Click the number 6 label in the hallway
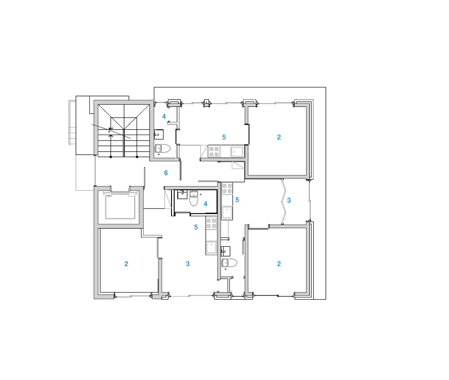166,173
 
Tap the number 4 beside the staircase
164,117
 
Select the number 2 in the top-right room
279,137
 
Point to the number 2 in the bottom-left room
126,264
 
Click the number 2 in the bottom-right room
279,264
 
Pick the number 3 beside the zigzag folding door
289,201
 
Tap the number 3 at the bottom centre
188,264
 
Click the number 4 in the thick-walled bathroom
206,204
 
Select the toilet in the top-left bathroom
163,148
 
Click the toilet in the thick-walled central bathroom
194,198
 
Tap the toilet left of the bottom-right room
229,262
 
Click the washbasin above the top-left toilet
158,134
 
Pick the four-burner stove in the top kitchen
214,152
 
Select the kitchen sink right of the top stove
237,152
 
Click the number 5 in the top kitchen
224,137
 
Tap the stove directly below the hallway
227,188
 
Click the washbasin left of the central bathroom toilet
182,194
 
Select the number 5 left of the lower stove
196,227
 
